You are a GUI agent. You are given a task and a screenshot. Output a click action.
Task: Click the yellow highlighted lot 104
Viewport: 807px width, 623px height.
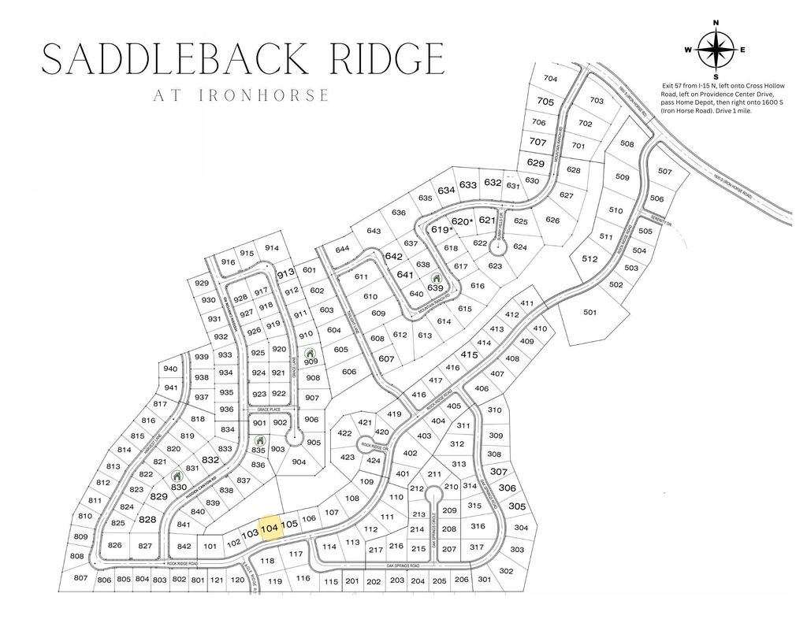click(270, 528)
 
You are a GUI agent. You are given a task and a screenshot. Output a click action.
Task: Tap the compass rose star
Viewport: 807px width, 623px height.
click(716, 50)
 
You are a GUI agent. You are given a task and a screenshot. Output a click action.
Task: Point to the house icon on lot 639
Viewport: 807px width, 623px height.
click(435, 278)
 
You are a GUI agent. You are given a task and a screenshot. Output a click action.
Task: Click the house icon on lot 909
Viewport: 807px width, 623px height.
click(311, 352)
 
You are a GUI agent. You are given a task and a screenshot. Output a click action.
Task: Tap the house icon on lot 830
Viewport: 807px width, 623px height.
click(177, 476)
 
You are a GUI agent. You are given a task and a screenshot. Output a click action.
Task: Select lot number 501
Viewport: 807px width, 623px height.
click(589, 312)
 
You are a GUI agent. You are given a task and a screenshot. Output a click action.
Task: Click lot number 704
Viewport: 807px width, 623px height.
click(550, 79)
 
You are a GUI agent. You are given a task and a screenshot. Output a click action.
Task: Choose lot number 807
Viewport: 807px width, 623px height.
click(80, 578)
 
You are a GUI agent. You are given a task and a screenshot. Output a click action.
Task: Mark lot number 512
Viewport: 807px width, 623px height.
click(589, 258)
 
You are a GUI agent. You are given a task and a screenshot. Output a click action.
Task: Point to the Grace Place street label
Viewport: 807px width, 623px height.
click(269, 410)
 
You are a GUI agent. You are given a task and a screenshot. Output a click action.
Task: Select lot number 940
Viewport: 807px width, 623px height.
click(170, 369)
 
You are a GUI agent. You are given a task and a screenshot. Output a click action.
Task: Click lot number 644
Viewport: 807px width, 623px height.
click(342, 249)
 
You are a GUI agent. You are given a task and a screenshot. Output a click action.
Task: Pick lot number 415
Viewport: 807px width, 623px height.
click(469, 355)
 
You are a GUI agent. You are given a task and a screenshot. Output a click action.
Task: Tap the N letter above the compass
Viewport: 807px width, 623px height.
click(716, 23)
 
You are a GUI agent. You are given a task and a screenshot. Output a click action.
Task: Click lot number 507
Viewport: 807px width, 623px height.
click(664, 171)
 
